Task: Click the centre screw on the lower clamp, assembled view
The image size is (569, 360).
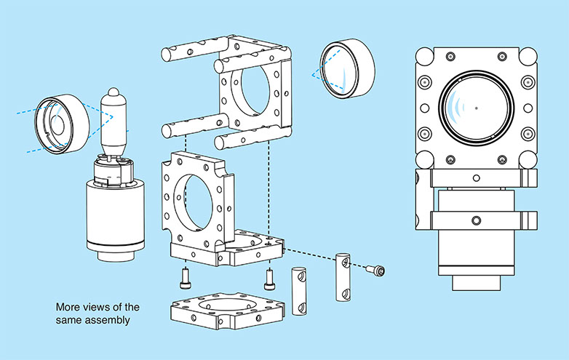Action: tap(476, 220)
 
